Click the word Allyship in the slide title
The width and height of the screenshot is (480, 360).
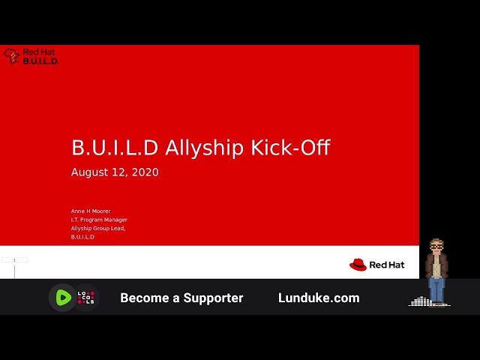(205, 148)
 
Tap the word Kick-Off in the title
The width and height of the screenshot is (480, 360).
(291, 147)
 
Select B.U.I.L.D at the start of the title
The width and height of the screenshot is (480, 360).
(115, 148)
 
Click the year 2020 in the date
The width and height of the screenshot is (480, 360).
(145, 172)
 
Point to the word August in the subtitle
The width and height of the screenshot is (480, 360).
(90, 172)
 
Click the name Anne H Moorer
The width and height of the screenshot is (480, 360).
(91, 211)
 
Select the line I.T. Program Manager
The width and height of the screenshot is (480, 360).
(99, 220)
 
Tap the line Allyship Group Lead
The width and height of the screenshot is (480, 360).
(98, 228)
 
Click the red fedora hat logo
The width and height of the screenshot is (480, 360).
(358, 265)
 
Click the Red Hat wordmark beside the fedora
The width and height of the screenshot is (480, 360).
(387, 265)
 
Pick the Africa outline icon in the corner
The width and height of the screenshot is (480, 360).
(12, 56)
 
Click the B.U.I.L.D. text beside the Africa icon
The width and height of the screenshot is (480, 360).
(40, 61)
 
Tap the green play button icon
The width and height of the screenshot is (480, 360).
(63, 298)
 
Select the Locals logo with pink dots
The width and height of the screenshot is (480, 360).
(86, 298)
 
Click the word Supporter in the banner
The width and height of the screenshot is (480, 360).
(213, 298)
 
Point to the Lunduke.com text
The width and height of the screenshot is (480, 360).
(319, 298)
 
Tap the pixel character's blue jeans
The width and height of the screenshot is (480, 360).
(436, 290)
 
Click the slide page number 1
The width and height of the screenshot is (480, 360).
(14, 260)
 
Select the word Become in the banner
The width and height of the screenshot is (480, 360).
(144, 298)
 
